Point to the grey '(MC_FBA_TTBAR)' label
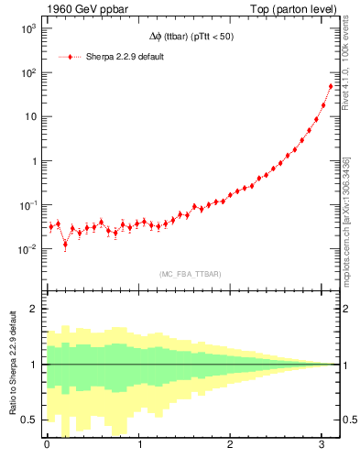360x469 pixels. pos(191,273)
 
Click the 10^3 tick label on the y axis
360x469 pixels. pos(27,28)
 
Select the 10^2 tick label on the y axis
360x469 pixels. pos(27,72)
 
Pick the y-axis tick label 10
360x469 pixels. pos(29,116)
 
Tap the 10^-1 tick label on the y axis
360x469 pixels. pos(27,205)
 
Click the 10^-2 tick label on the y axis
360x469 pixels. pos(27,249)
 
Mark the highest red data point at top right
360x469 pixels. pos(331,86)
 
